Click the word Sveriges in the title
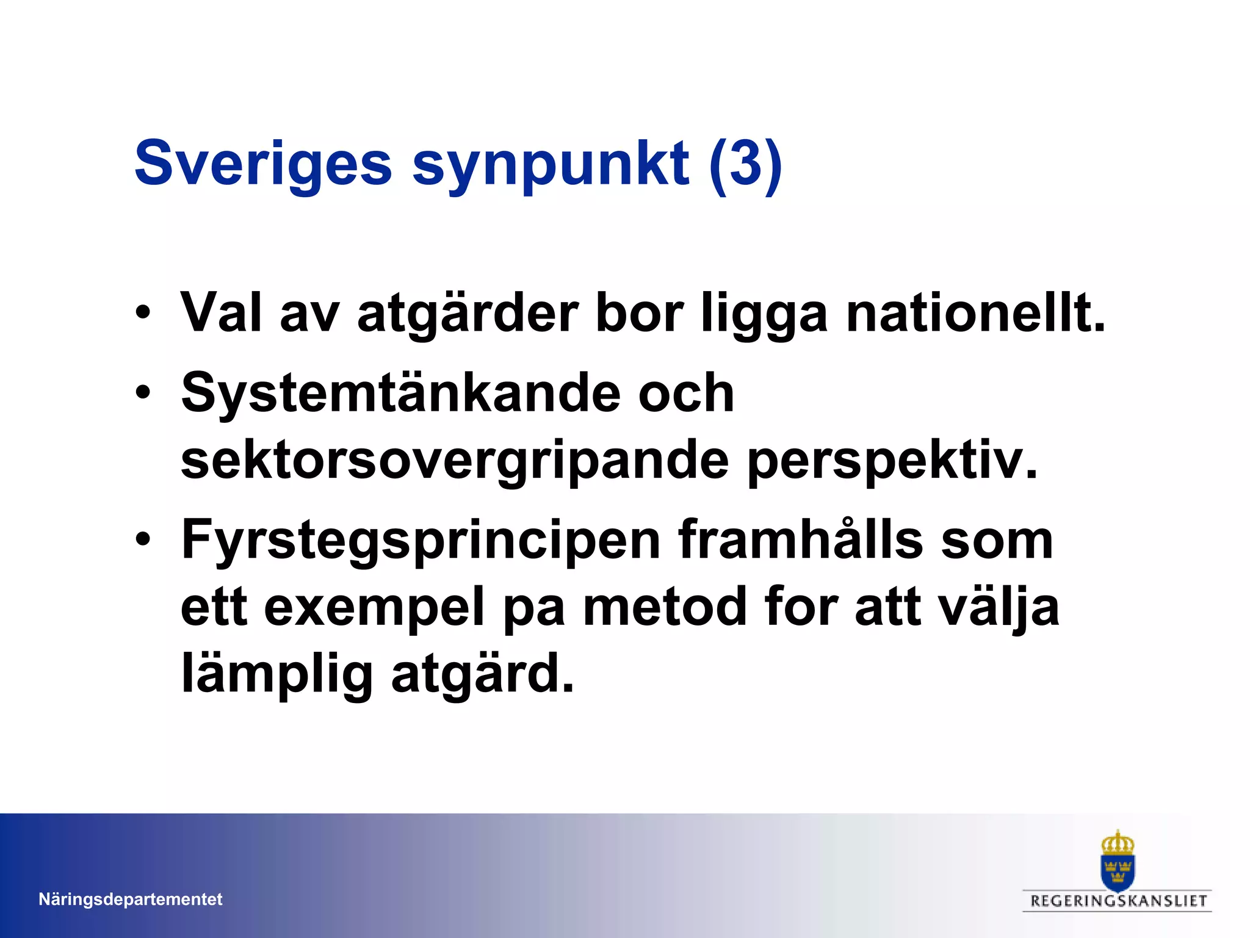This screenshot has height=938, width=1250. tap(262, 164)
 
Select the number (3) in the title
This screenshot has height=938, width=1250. tap(745, 164)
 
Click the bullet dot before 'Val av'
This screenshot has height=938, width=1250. tap(143, 312)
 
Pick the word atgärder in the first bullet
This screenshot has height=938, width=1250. tap(467, 314)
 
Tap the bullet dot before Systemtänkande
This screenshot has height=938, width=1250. tap(143, 392)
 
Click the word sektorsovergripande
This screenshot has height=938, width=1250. tap(455, 461)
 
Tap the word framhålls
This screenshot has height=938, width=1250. tap(800, 539)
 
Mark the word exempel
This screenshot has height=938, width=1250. tap(374, 608)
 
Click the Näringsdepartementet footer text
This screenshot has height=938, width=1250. tap(130, 899)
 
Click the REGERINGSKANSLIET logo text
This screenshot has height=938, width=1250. tap(1118, 901)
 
